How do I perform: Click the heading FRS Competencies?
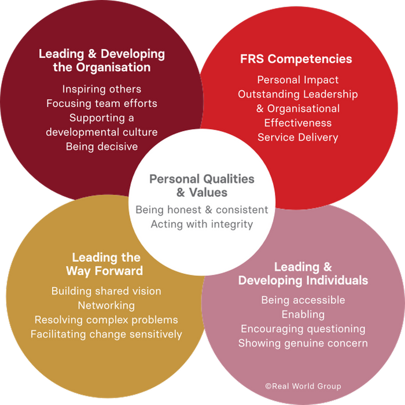pos(296,59)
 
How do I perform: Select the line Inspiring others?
pos(102,89)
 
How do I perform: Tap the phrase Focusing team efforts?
pos(102,104)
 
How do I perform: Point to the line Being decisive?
pos(102,146)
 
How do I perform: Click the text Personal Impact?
pos(298,80)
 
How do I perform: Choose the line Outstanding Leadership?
pos(298,94)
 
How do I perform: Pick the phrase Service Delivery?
pos(298,137)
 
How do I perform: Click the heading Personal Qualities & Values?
pos(202,185)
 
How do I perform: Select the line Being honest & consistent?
pos(202,209)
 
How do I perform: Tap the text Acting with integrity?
pos(202,224)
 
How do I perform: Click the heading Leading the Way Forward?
pos(106,264)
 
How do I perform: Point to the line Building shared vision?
pos(106,291)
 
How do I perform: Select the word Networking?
pos(106,305)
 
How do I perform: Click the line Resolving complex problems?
pos(106,320)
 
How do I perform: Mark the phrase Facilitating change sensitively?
pos(106,334)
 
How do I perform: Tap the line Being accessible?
pos(303,300)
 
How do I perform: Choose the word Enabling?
pos(303,315)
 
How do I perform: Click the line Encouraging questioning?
pos(303,329)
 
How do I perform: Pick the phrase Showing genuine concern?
pos(303,344)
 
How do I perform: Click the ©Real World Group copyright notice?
pos(303,386)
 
